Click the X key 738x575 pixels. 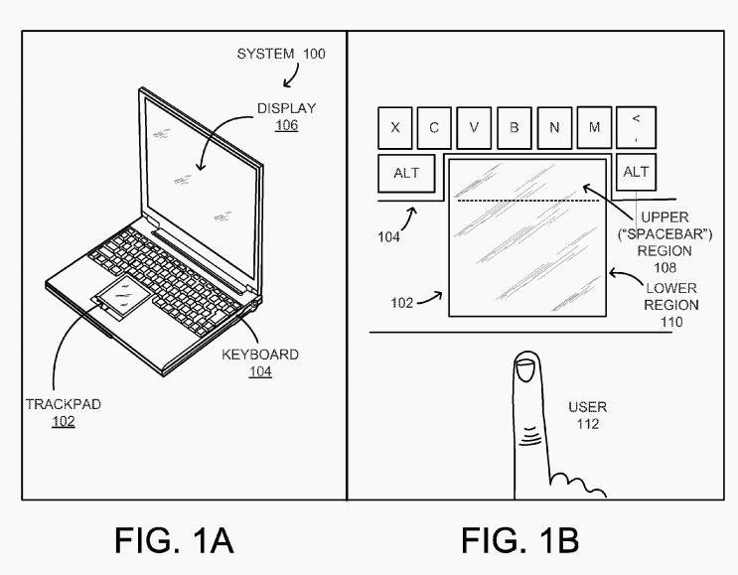click(x=396, y=128)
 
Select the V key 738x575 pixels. click(x=475, y=128)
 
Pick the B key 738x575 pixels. click(x=515, y=128)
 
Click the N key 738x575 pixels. click(x=553, y=128)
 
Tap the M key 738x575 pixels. click(x=593, y=127)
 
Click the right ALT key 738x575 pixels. click(x=636, y=172)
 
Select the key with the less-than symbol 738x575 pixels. click(x=636, y=127)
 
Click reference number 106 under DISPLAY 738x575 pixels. click(x=287, y=126)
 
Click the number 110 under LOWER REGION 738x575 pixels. click(x=670, y=322)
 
